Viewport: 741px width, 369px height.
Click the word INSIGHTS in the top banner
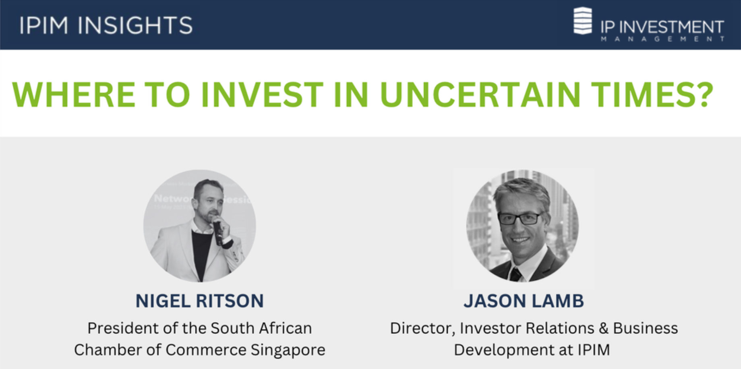click(x=135, y=25)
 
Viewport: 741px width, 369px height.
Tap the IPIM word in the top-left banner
click(x=44, y=25)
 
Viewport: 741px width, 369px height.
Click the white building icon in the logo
click(x=583, y=21)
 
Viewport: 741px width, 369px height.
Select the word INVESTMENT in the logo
click(x=671, y=27)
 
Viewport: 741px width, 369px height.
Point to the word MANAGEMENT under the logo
click(x=662, y=39)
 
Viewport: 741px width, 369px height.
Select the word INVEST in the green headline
click(x=262, y=95)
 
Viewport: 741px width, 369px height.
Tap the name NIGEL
click(x=163, y=301)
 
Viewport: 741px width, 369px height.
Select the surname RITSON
click(x=230, y=301)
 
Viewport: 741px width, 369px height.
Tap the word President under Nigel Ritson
click(x=123, y=328)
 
